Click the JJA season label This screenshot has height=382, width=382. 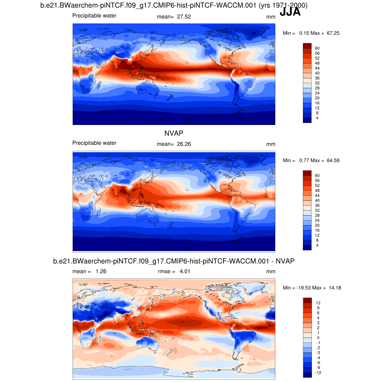(x=290, y=12)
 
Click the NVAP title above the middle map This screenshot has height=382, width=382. (x=173, y=133)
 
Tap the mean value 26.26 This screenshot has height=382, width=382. (x=183, y=144)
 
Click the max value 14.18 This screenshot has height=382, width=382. (x=334, y=288)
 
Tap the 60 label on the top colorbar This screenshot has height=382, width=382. (x=317, y=48)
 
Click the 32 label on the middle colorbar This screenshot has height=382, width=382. (x=317, y=210)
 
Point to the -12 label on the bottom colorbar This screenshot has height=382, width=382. (x=318, y=373)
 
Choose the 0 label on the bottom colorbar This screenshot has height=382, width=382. (x=318, y=338)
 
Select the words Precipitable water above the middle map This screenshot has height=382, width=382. (x=94, y=143)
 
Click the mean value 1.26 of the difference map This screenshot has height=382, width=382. (x=101, y=272)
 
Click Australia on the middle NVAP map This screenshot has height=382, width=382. (x=149, y=216)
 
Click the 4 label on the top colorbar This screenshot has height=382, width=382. (x=317, y=118)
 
